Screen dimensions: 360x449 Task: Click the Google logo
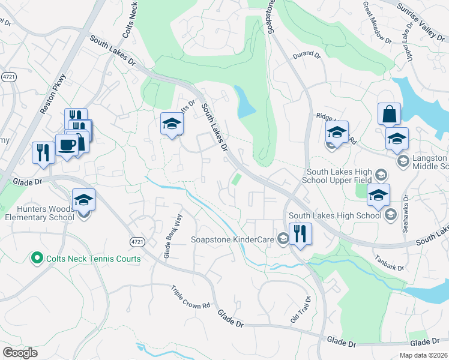tap(20, 353)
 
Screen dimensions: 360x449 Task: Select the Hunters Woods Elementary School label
tap(37, 212)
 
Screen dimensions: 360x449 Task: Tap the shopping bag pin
tap(389, 113)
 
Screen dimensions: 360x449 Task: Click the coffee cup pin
tap(66, 145)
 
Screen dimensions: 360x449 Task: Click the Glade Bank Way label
tap(172, 240)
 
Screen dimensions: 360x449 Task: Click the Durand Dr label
tap(307, 55)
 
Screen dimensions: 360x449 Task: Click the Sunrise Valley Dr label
tap(426, 14)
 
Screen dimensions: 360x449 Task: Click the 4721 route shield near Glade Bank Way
tap(136, 241)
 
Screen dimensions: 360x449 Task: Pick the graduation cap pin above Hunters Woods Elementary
tap(83, 200)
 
